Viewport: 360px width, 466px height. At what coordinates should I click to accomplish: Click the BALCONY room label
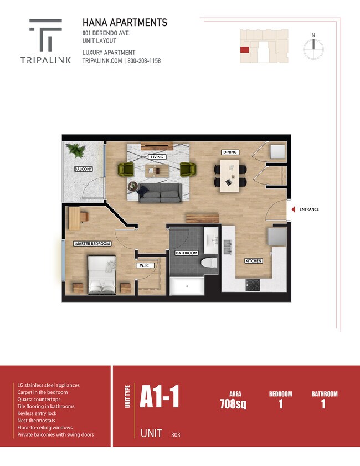click(84, 169)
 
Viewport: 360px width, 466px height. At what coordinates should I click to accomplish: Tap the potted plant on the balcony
click(76, 150)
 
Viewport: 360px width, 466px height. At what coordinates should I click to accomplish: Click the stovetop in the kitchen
click(253, 285)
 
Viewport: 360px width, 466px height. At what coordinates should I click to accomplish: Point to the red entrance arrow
click(293, 209)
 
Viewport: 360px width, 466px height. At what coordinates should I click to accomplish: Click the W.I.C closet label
click(145, 265)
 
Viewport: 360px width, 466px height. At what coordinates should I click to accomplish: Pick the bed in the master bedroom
click(101, 275)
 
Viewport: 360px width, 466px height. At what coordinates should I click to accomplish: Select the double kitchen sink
click(228, 247)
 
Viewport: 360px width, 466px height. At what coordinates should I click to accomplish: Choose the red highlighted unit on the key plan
click(244, 50)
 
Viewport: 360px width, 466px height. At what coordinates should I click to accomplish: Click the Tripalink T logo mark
click(46, 35)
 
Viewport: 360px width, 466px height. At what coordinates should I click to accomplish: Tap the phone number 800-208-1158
click(144, 61)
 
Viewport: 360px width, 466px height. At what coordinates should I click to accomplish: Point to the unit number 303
click(176, 435)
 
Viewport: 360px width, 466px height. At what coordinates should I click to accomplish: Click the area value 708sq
click(233, 404)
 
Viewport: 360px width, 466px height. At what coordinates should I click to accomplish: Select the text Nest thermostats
click(36, 421)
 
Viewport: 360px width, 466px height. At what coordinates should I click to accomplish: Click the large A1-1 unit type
click(160, 396)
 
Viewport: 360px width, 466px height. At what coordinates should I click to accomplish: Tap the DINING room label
click(230, 152)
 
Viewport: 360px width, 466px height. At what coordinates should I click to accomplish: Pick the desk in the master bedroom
click(75, 218)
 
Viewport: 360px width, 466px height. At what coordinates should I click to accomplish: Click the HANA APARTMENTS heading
click(125, 23)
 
